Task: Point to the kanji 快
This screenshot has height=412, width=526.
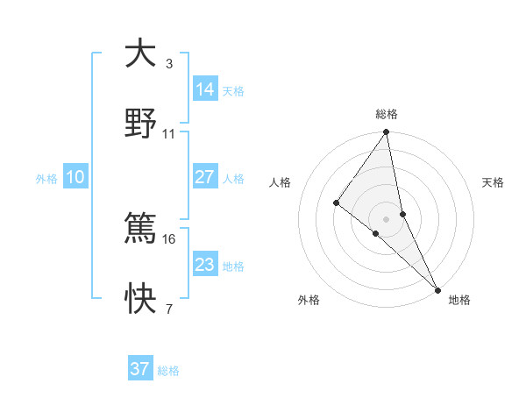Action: pyautogui.click(x=140, y=299)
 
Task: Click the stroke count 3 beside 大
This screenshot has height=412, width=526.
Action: pyautogui.click(x=169, y=64)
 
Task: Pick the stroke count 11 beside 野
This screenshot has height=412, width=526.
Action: pyautogui.click(x=169, y=134)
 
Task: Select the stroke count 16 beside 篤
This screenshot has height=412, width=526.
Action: pyautogui.click(x=169, y=238)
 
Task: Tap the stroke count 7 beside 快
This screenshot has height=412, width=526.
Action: pyautogui.click(x=169, y=309)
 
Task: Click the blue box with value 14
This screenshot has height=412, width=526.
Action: pyautogui.click(x=204, y=89)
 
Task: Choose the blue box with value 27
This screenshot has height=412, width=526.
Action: pyautogui.click(x=204, y=177)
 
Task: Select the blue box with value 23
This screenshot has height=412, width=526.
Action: pyautogui.click(x=204, y=264)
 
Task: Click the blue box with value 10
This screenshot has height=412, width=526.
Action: pyautogui.click(x=75, y=177)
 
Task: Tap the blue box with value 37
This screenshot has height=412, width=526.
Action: pyautogui.click(x=140, y=369)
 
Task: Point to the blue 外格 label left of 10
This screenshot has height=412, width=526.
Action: pyautogui.click(x=46, y=179)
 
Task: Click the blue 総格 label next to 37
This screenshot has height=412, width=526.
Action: pyautogui.click(x=168, y=371)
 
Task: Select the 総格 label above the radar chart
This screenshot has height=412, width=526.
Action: pyautogui.click(x=387, y=114)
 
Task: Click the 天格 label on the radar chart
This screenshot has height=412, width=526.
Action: pyautogui.click(x=494, y=182)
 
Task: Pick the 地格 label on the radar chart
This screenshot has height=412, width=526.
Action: pyautogui.click(x=459, y=301)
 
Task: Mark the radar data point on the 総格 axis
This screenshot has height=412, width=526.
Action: pyautogui.click(x=386, y=133)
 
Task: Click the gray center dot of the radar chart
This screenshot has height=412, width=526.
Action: pyautogui.click(x=386, y=217)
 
